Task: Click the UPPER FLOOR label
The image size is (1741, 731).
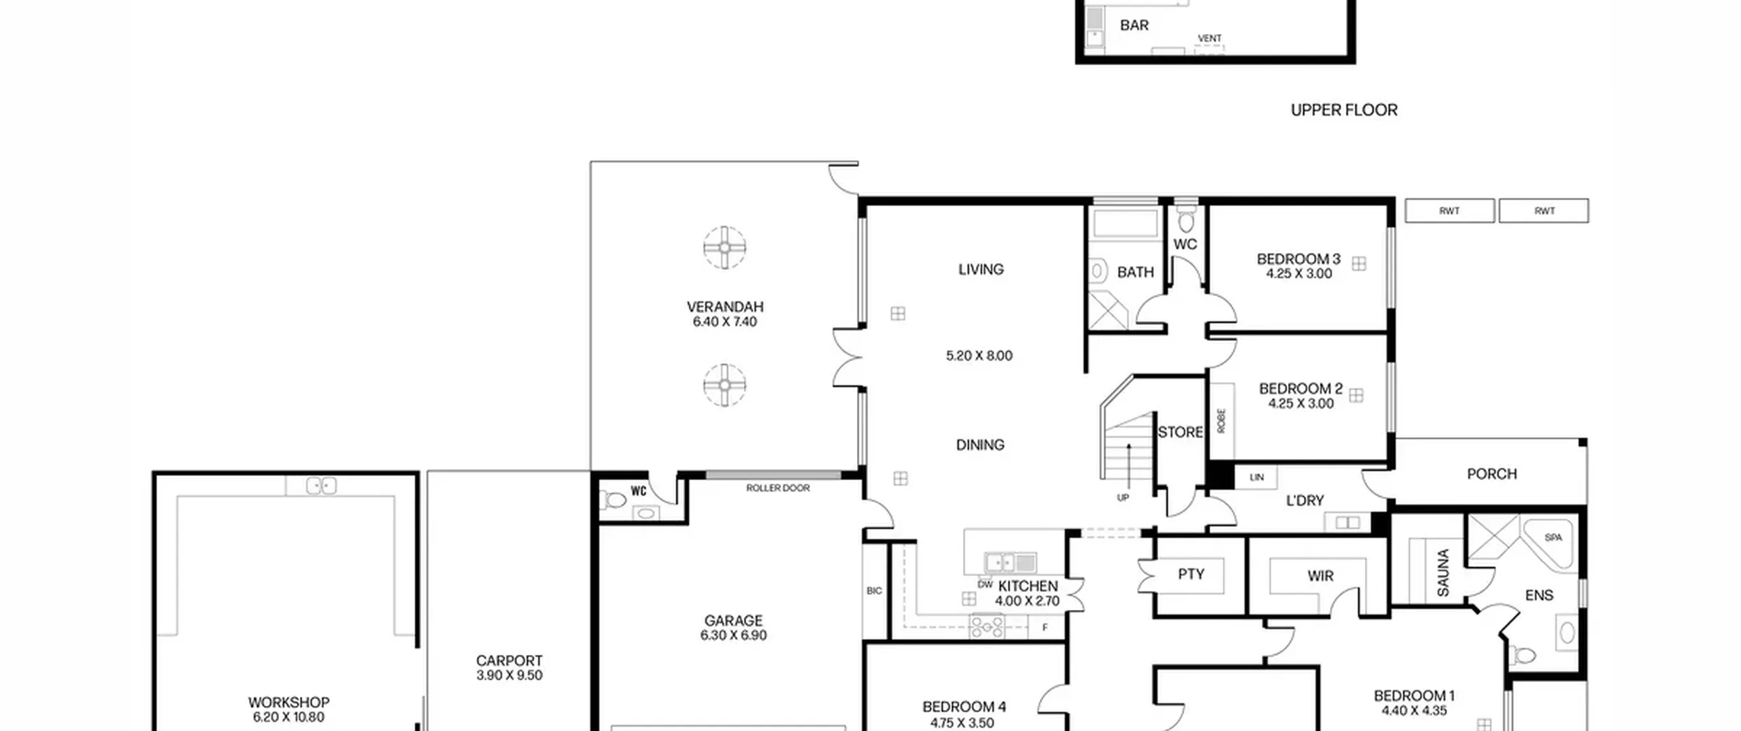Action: click(x=1344, y=110)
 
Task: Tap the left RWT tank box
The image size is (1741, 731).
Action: click(x=1450, y=211)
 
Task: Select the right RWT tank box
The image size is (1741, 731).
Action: click(x=1544, y=211)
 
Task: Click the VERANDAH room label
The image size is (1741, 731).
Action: click(x=725, y=307)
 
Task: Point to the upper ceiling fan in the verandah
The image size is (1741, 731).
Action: click(x=725, y=248)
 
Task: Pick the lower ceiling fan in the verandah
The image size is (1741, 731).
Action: click(x=725, y=385)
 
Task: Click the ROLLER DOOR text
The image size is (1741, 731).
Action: click(x=778, y=488)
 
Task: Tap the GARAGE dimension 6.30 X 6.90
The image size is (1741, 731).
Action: click(x=733, y=635)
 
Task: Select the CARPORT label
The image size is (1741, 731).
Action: click(x=509, y=660)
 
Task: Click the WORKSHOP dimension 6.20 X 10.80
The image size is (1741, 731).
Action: click(x=288, y=717)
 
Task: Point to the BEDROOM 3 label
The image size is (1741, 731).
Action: click(x=1298, y=259)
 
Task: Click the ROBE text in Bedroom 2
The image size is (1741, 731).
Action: click(x=1221, y=421)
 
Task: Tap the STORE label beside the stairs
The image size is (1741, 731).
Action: click(x=1181, y=432)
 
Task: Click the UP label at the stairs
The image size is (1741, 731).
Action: click(x=1123, y=498)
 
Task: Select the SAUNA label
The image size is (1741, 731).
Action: click(x=1443, y=573)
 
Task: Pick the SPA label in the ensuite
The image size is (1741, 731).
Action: click(x=1553, y=537)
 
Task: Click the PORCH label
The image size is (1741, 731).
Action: click(x=1492, y=474)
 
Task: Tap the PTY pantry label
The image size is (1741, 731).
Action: click(x=1191, y=574)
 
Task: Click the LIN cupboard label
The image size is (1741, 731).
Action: click(x=1257, y=477)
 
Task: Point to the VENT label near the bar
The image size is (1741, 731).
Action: click(x=1210, y=38)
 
